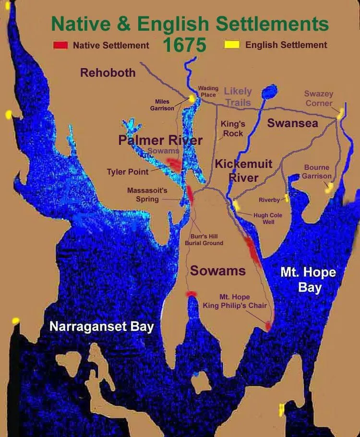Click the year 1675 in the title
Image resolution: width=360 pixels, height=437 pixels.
click(x=184, y=45)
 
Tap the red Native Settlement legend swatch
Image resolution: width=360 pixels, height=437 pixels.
click(x=60, y=46)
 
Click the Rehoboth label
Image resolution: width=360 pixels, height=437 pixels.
click(x=108, y=73)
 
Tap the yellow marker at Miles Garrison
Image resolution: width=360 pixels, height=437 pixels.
click(x=192, y=99)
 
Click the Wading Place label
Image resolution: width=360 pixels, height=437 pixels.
click(x=208, y=92)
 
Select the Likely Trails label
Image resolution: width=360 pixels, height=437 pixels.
click(x=238, y=96)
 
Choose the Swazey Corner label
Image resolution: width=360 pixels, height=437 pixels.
click(x=319, y=98)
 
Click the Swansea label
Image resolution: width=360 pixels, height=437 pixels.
click(x=292, y=123)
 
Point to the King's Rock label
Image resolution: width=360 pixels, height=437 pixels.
click(x=233, y=129)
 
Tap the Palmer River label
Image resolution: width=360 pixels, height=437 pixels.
click(x=160, y=141)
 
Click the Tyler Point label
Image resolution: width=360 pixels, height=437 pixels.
click(x=127, y=171)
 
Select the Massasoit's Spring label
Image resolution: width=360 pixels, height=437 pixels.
click(x=147, y=195)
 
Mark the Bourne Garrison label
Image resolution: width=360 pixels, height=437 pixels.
click(x=316, y=172)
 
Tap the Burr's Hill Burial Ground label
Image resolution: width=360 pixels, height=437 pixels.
click(x=204, y=240)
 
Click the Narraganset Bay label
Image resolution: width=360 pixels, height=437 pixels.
click(x=101, y=327)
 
